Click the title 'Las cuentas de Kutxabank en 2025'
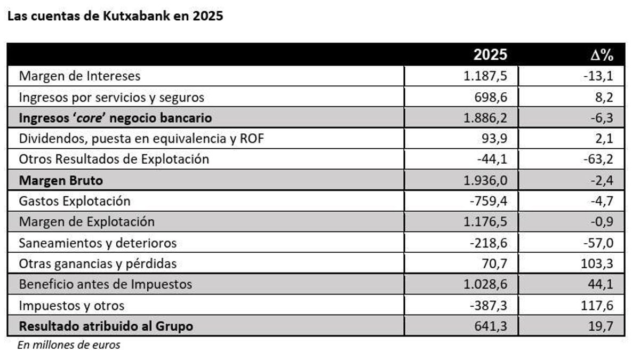point(115,16)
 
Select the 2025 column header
point(490,55)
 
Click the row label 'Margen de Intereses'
point(79,76)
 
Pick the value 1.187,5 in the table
point(484,76)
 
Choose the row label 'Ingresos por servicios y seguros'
point(111,97)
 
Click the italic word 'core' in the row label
point(89,118)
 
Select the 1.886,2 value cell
point(484,118)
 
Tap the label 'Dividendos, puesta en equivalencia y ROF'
point(141,139)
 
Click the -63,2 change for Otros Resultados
point(598,159)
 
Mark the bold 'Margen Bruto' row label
point(61,180)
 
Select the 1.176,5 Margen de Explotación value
point(484,222)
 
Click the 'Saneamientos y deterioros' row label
point(98,243)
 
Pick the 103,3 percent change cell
point(598,263)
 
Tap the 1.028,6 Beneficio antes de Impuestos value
point(484,284)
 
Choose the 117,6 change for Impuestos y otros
point(598,305)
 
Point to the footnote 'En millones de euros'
point(69,345)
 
